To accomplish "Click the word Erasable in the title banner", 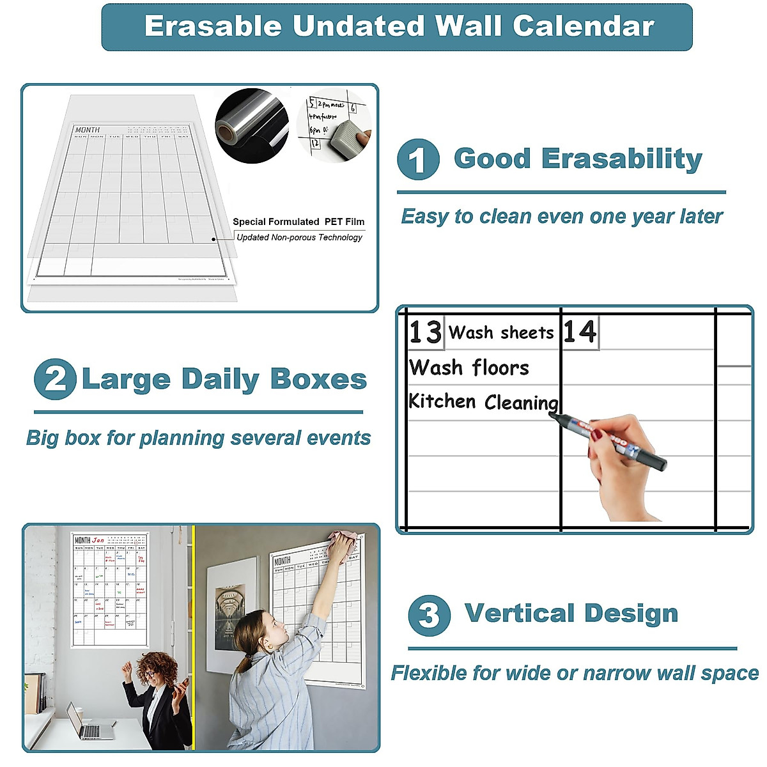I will pyautogui.click(x=213, y=26).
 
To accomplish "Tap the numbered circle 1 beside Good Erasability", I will pyautogui.click(x=418, y=160).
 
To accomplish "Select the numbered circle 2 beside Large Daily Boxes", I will pyautogui.click(x=55, y=379).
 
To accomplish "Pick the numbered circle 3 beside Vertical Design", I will pyautogui.click(x=429, y=616).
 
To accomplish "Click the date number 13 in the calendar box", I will pyautogui.click(x=425, y=332).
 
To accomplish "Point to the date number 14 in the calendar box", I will pyautogui.click(x=579, y=332).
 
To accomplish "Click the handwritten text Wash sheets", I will pyautogui.click(x=500, y=333).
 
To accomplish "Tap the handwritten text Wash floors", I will pyautogui.click(x=469, y=368).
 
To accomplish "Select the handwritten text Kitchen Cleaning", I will pyautogui.click(x=483, y=402).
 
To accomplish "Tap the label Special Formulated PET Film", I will pyautogui.click(x=298, y=222).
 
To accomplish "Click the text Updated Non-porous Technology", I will pyautogui.click(x=299, y=238).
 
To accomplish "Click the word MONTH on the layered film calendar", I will pyautogui.click(x=88, y=130).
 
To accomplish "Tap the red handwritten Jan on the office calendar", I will pyautogui.click(x=98, y=541).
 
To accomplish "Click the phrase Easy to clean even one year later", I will pyautogui.click(x=561, y=217).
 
